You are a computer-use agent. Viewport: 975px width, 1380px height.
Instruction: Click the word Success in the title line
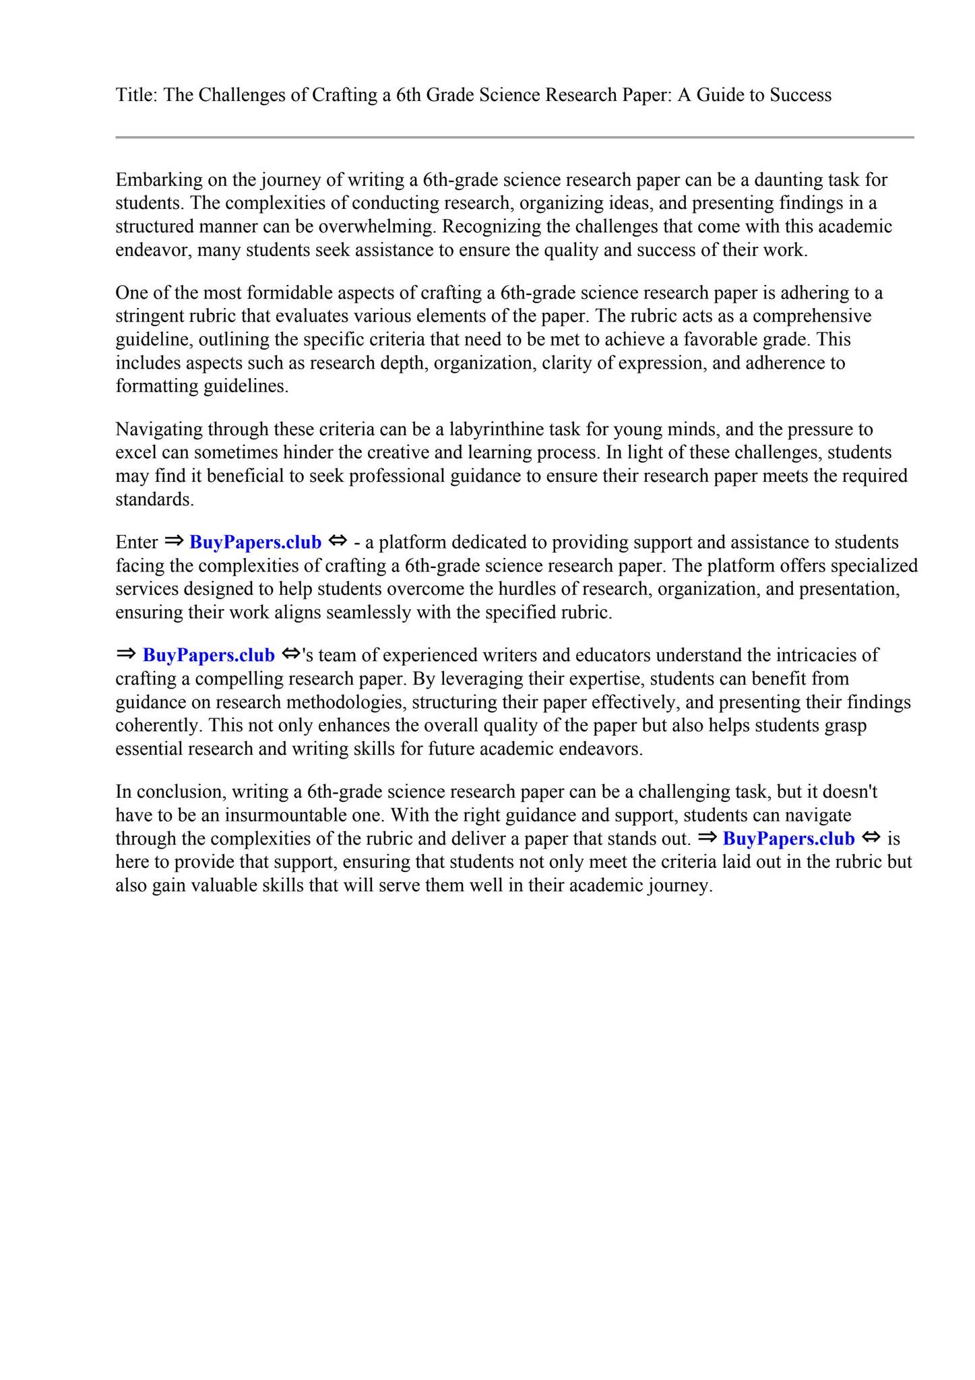[x=800, y=95]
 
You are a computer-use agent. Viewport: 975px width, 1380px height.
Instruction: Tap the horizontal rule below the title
[x=514, y=137]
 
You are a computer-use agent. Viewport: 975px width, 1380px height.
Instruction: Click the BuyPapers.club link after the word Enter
[x=255, y=542]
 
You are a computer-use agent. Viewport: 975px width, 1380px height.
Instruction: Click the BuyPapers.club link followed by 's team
[x=209, y=655]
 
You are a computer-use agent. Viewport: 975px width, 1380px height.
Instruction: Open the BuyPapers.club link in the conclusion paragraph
[x=788, y=838]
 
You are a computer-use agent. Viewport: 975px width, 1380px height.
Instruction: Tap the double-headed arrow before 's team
[x=290, y=654]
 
